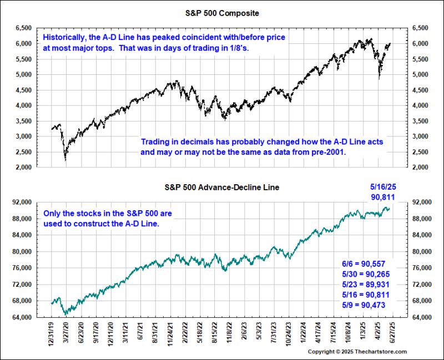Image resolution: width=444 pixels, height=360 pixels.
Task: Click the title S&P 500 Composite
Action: pyautogui.click(x=221, y=12)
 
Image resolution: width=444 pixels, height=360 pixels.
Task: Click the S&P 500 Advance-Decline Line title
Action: pyautogui.click(x=221, y=187)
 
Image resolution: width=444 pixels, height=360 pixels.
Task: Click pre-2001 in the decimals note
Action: pyautogui.click(x=328, y=151)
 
